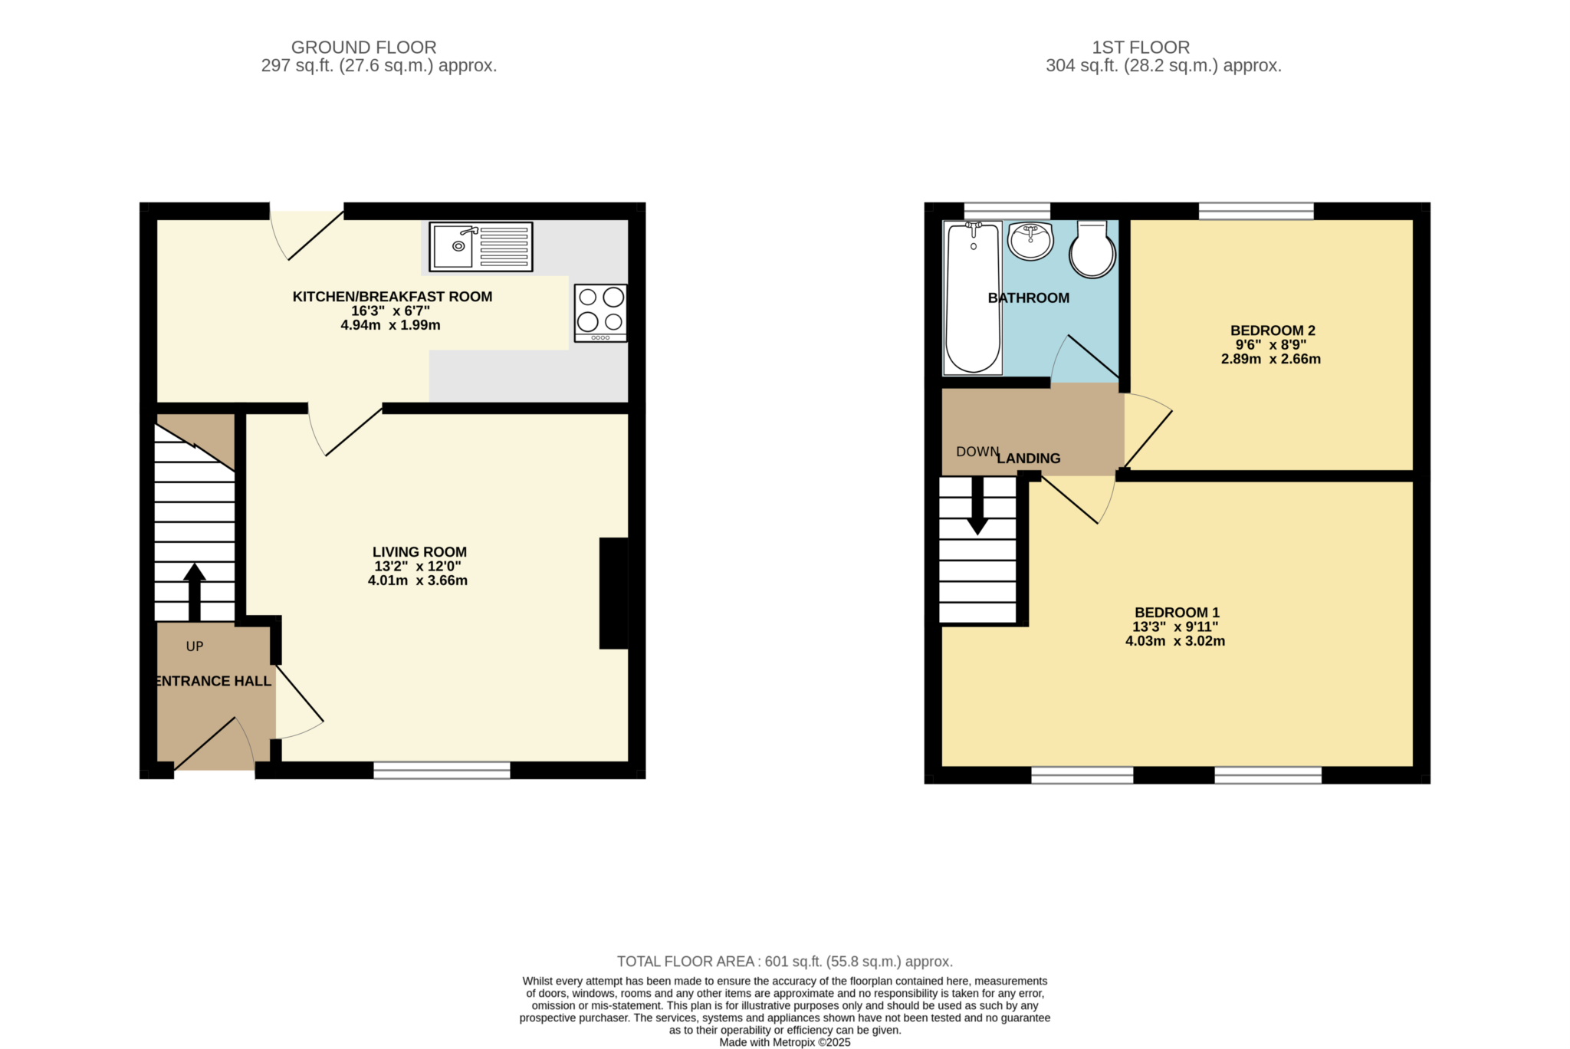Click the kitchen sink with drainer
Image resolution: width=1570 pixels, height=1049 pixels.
pyautogui.click(x=481, y=246)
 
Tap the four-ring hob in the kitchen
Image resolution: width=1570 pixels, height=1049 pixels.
pyautogui.click(x=600, y=312)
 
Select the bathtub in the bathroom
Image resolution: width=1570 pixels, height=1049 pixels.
pyautogui.click(x=972, y=298)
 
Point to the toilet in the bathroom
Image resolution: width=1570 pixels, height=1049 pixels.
pyautogui.click(x=1092, y=250)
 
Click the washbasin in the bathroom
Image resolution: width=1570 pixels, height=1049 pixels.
pyautogui.click(x=1030, y=241)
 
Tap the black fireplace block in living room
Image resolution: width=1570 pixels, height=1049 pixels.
pyautogui.click(x=613, y=594)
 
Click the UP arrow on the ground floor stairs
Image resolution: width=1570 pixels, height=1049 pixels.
pyautogui.click(x=194, y=592)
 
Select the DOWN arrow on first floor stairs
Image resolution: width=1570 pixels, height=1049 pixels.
pyautogui.click(x=977, y=506)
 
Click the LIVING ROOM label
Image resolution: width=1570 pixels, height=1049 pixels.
pyautogui.click(x=419, y=552)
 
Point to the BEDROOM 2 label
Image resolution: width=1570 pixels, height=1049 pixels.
pyautogui.click(x=1273, y=330)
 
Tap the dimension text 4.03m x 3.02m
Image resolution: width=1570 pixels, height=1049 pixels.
pyautogui.click(x=1174, y=641)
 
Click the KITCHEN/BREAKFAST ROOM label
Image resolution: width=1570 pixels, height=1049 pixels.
pyautogui.click(x=392, y=297)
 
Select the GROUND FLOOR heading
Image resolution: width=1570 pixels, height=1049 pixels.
pyautogui.click(x=363, y=48)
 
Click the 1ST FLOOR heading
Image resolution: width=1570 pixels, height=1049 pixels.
pyautogui.click(x=1140, y=48)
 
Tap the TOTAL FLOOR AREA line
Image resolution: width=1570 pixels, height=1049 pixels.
pyautogui.click(x=784, y=962)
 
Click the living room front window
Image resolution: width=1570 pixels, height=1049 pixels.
pyautogui.click(x=442, y=771)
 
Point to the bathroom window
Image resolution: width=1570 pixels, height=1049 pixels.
pyautogui.click(x=1007, y=210)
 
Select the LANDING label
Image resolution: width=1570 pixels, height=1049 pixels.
pyautogui.click(x=1029, y=459)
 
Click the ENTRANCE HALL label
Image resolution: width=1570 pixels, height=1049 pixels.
pyautogui.click(x=214, y=681)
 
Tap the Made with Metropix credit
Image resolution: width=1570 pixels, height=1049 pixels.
pyautogui.click(x=784, y=1042)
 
